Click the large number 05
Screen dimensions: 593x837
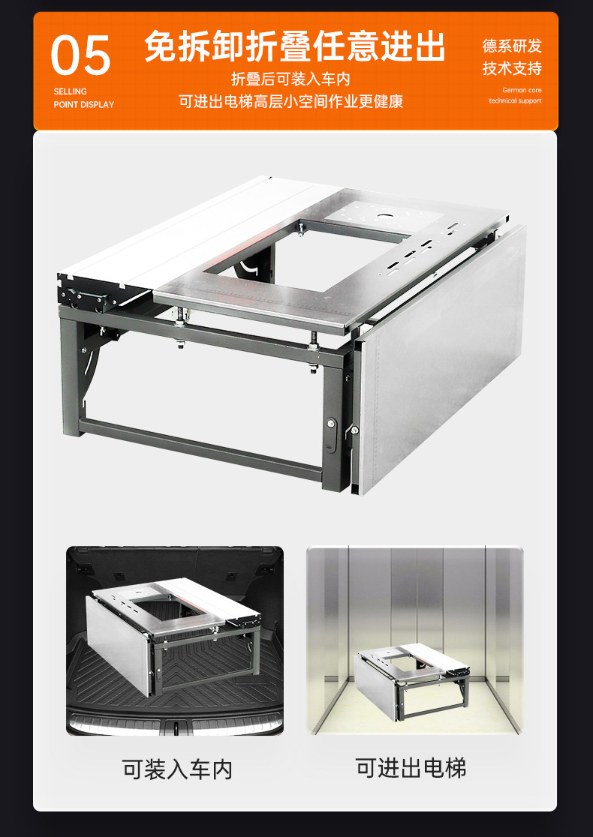pos(80,55)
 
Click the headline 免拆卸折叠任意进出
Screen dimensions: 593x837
pos(295,46)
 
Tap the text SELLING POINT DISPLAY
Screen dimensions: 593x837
pos(84,97)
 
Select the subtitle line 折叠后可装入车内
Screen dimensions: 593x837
pos(290,79)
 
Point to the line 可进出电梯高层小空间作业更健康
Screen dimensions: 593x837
pos(290,101)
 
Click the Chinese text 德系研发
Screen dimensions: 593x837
pos(512,46)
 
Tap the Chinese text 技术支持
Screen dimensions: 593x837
pos(512,68)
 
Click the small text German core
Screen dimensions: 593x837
pos(522,90)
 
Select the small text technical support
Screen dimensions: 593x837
pos(515,100)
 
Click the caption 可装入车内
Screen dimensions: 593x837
pos(177,769)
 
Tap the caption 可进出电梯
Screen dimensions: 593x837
pos(411,767)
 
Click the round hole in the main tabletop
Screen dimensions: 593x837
pos(384,217)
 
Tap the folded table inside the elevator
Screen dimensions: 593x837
pos(411,679)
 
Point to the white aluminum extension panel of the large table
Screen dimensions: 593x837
pos(197,235)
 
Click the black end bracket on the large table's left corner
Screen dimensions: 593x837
pos(83,292)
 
